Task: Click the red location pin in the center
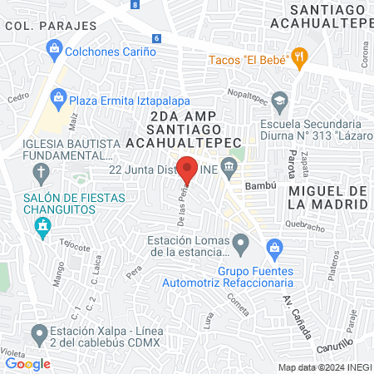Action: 187,170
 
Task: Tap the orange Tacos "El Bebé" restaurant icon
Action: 300,57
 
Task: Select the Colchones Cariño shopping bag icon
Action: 54,51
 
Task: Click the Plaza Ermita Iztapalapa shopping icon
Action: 57,99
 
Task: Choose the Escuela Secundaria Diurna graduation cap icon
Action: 278,101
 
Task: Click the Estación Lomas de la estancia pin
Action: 241,243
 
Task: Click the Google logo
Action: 28,363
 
